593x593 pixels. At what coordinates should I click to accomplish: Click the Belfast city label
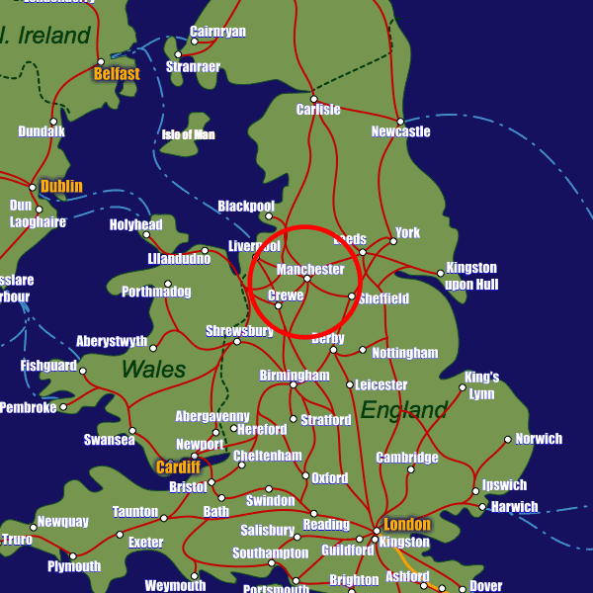(x=117, y=73)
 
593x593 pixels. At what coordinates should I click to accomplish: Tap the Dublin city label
(x=61, y=186)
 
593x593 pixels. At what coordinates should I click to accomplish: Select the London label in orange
(x=407, y=524)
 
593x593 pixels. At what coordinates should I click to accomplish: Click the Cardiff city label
(x=178, y=466)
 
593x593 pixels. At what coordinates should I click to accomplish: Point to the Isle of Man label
(x=188, y=135)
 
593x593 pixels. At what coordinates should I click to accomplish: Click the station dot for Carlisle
(x=313, y=98)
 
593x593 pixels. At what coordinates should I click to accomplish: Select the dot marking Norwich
(x=508, y=439)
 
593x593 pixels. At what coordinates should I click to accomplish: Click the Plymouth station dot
(x=72, y=555)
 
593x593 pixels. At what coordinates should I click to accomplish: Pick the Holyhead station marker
(x=146, y=235)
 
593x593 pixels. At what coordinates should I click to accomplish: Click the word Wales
(x=153, y=370)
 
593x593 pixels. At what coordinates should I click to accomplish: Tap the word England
(x=403, y=409)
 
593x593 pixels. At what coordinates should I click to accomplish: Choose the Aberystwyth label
(x=112, y=342)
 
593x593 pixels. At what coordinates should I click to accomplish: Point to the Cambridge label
(x=407, y=458)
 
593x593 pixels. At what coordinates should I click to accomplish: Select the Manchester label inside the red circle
(x=310, y=269)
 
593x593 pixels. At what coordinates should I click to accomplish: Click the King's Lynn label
(x=481, y=385)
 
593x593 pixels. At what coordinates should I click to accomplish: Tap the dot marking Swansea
(x=132, y=430)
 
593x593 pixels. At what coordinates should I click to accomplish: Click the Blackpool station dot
(x=269, y=215)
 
